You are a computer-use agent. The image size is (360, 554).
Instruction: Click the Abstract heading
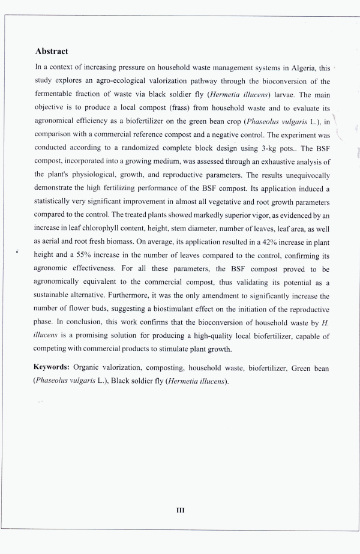[x=52, y=52]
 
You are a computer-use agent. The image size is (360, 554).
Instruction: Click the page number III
[x=180, y=510]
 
